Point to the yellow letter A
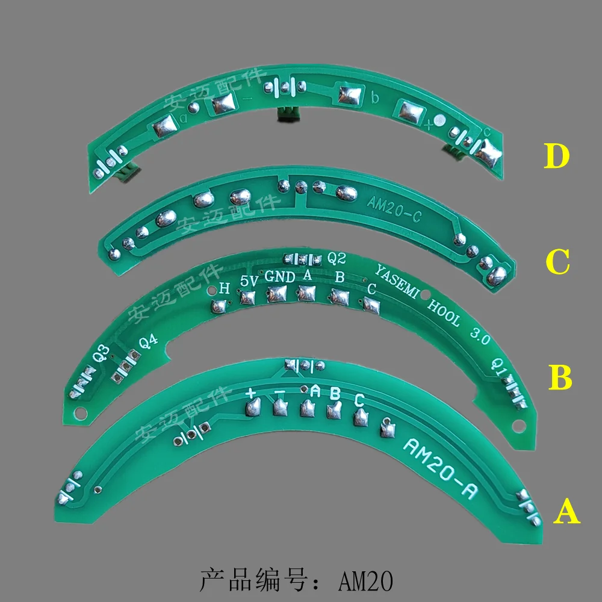tap(566, 513)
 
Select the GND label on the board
tap(280, 278)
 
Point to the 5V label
tap(249, 281)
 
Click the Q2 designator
tap(337, 258)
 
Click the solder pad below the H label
tap(219, 306)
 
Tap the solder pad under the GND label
tap(278, 294)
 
